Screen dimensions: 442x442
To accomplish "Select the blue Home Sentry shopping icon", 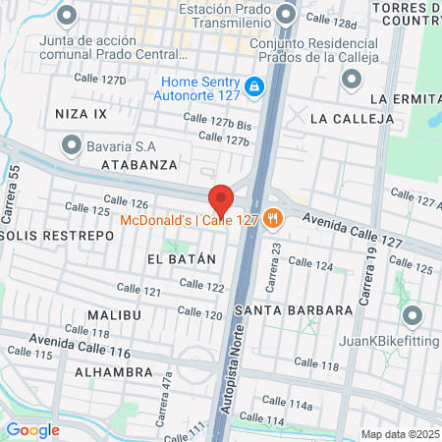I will click(254, 87).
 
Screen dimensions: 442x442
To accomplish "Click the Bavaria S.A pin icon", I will click(71, 145).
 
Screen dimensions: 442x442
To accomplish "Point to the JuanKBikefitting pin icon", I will click(412, 316).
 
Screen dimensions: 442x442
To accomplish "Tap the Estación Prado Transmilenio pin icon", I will click(286, 14).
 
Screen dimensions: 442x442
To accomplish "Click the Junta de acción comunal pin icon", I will click(67, 16).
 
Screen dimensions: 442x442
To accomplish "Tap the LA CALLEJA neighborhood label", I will click(351, 119).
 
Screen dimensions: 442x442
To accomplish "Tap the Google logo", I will click(32, 429).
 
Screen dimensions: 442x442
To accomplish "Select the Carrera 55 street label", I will click(13, 184).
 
